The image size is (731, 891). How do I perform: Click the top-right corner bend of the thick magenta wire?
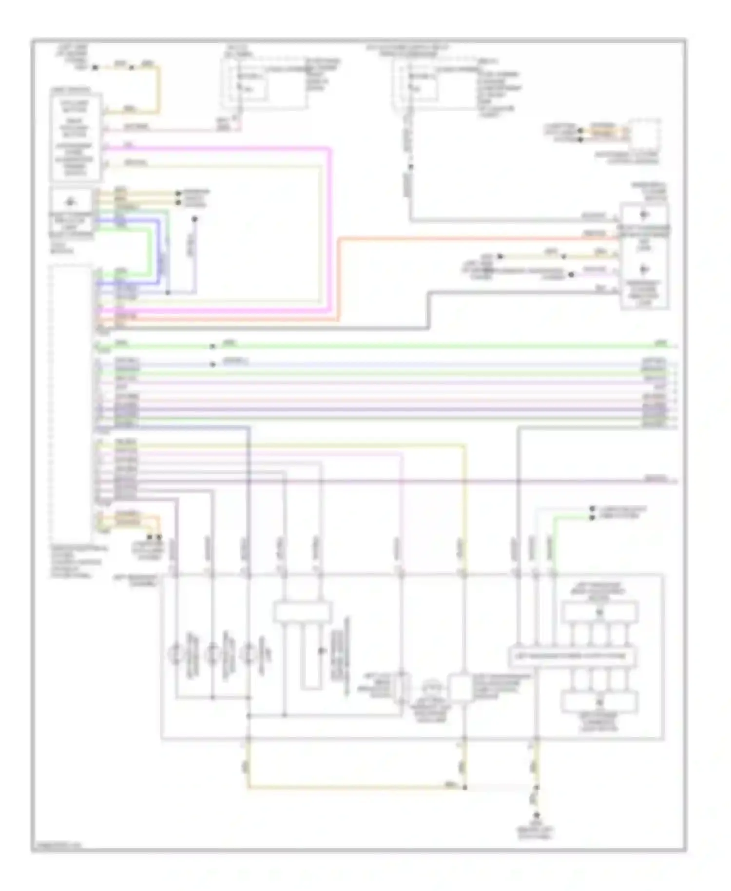click(x=330, y=149)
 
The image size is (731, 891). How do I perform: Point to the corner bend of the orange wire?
click(x=339, y=239)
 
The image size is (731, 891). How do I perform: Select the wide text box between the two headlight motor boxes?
click(x=573, y=656)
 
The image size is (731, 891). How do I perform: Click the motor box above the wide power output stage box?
click(x=599, y=612)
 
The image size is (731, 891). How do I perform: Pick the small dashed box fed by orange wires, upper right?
click(x=645, y=133)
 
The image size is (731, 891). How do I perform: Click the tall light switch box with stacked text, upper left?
click(x=76, y=137)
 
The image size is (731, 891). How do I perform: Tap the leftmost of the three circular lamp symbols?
click(x=176, y=654)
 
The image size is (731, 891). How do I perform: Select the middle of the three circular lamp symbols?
click(x=213, y=654)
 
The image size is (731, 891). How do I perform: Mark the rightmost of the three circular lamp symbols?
click(x=250, y=654)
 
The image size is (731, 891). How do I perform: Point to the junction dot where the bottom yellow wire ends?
click(x=464, y=787)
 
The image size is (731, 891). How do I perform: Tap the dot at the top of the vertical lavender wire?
click(x=194, y=220)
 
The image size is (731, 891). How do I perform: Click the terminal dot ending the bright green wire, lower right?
click(x=592, y=517)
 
